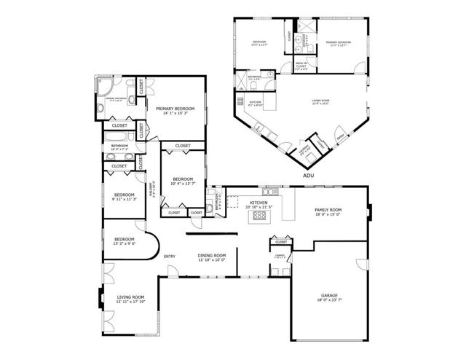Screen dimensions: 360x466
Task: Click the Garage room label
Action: coord(329,297)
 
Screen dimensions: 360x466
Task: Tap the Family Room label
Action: coord(328,212)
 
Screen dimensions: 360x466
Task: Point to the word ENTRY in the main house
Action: coord(169,256)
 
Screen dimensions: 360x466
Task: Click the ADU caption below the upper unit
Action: coord(308,176)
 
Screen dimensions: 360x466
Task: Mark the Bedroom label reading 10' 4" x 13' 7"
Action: coord(182,181)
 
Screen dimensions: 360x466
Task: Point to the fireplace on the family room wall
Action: coord(370,214)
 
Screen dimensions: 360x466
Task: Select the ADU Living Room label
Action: coord(320,101)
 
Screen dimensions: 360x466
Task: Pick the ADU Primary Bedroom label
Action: coord(339,44)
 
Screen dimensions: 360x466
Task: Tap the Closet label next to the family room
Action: coord(280,241)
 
